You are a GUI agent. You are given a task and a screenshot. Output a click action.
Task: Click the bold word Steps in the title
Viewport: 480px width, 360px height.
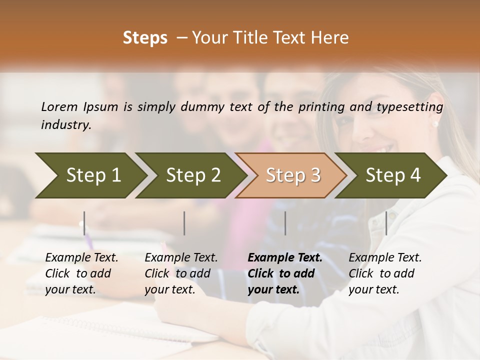click(x=145, y=38)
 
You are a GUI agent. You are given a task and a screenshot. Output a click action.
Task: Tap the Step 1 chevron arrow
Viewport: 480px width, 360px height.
click(x=90, y=175)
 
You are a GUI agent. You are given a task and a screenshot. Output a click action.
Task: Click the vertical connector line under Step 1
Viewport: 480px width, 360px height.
click(x=84, y=223)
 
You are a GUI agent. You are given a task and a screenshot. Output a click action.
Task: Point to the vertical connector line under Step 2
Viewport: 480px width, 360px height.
click(x=184, y=223)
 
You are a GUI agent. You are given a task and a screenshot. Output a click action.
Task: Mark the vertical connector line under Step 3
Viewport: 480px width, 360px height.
click(x=285, y=223)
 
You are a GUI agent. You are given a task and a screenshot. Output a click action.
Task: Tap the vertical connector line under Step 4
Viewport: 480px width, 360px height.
click(x=386, y=223)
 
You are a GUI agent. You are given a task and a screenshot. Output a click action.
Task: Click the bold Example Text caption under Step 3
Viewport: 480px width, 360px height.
click(x=285, y=273)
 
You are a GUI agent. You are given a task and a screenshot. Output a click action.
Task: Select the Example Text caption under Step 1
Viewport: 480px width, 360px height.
click(x=81, y=273)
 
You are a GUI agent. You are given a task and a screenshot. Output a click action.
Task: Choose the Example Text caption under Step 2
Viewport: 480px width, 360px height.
click(x=181, y=273)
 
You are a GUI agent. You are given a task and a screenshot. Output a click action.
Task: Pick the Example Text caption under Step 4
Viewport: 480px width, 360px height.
click(x=385, y=273)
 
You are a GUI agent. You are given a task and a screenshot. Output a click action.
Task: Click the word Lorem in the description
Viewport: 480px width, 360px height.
click(x=59, y=107)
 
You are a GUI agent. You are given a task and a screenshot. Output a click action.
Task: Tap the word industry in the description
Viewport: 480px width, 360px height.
click(x=66, y=125)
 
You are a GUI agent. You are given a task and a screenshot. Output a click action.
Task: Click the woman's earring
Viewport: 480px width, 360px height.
click(x=435, y=123)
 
